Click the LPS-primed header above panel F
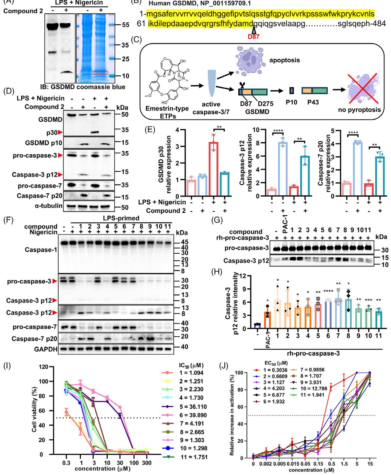point(121,218)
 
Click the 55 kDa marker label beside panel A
point(126,25)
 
